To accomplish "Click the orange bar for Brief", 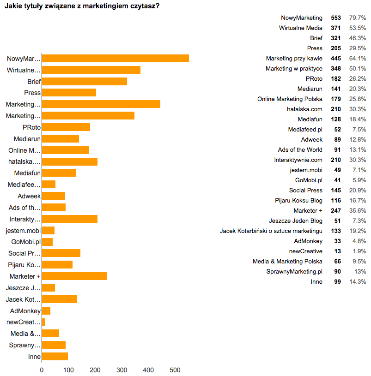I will coord(85,82).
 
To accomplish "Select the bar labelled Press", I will coord(69,93).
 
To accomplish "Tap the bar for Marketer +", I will coord(75,276).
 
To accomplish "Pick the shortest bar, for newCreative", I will coord(43,322).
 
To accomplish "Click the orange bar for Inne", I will coord(55,356).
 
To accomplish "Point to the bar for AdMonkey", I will coord(46,310).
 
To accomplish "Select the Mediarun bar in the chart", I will coord(61,138).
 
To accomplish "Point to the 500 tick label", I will coord(175,370).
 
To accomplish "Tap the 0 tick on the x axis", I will coord(42,370).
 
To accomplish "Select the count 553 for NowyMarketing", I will coord(336,18).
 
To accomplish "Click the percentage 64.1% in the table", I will coord(358,59).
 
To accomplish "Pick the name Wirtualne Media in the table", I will coord(301,28).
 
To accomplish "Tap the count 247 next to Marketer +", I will coord(336,211).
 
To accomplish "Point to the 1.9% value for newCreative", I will coord(359,251).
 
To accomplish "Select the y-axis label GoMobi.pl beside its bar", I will coord(26,242).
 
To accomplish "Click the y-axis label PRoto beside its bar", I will coord(31,127).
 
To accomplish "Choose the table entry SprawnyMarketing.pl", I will coord(294,272).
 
